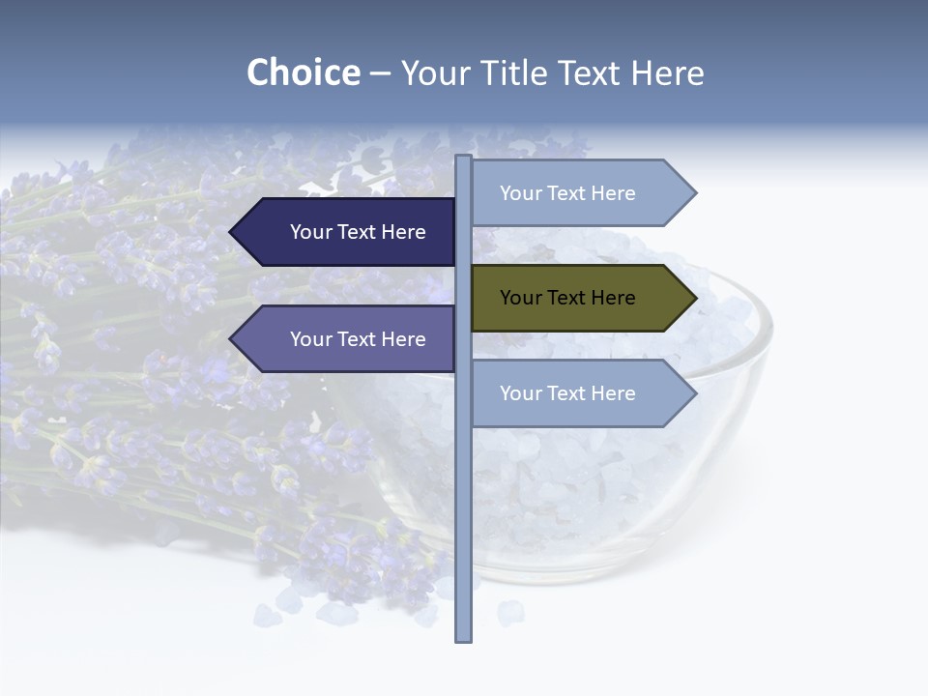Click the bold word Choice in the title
pos(303,72)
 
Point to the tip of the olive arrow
pos(694,298)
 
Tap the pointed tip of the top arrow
pos(694,193)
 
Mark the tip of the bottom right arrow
pos(694,393)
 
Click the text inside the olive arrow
pos(567,298)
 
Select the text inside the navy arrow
pos(358,232)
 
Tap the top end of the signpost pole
pos(463,158)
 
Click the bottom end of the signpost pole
pos(463,639)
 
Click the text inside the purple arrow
pos(358,339)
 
